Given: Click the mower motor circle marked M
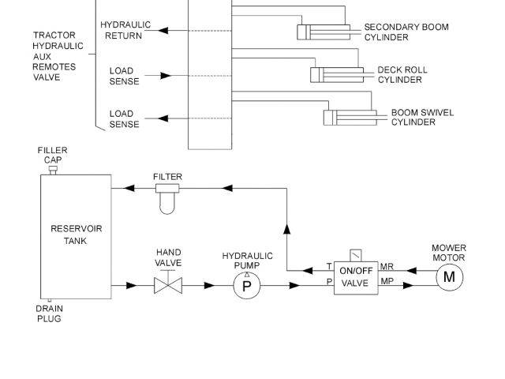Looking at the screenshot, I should (450, 276).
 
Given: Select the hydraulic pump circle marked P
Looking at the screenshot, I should (246, 286).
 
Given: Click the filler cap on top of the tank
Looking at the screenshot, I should (54, 169).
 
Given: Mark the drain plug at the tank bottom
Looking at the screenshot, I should (50, 301).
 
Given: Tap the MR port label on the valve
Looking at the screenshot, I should (387, 267).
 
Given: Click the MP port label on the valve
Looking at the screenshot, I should (387, 281).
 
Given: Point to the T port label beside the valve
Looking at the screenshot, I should (329, 267).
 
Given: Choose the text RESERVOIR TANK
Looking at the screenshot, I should (76, 235).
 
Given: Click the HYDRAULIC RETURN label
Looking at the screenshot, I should (125, 30).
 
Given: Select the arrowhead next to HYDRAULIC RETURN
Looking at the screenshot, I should (162, 31).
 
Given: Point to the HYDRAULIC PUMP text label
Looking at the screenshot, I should (247, 261).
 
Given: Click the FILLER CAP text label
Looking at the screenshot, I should (53, 155).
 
